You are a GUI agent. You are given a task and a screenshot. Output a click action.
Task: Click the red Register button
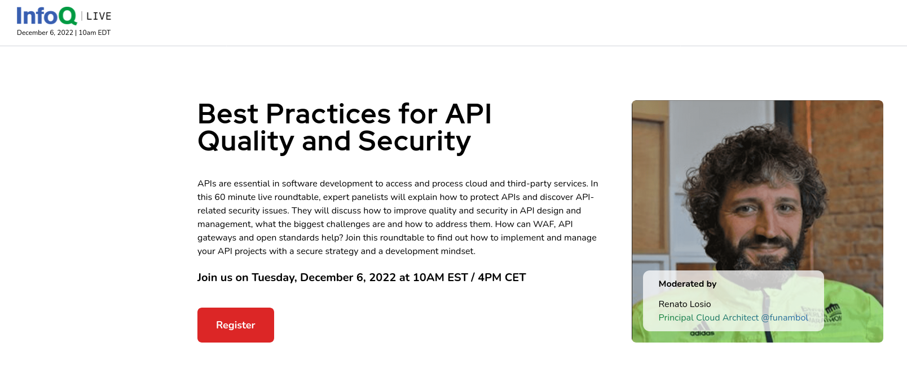[x=235, y=325]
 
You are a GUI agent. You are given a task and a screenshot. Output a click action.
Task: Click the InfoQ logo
[x=46, y=16]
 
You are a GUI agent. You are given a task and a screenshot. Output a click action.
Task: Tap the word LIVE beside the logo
[x=99, y=16]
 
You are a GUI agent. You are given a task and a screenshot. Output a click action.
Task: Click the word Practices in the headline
[x=328, y=114]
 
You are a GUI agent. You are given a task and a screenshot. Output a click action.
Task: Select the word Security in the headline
[x=414, y=141]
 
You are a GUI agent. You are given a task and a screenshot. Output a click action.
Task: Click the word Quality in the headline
[x=245, y=141]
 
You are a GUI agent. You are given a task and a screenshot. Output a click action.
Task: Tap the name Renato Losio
[x=684, y=304]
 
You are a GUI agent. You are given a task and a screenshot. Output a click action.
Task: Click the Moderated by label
[x=687, y=284]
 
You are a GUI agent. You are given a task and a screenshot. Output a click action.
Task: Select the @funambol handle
[x=785, y=318]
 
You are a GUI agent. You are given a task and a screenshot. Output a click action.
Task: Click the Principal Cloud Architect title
[x=708, y=318]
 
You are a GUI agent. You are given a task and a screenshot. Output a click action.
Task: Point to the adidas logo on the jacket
[x=702, y=333]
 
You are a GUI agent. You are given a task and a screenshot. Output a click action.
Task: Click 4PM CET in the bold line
[x=501, y=278]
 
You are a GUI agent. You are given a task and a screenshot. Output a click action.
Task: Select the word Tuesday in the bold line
[x=274, y=278]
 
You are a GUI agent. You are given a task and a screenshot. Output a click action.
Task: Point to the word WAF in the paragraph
[x=544, y=224]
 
